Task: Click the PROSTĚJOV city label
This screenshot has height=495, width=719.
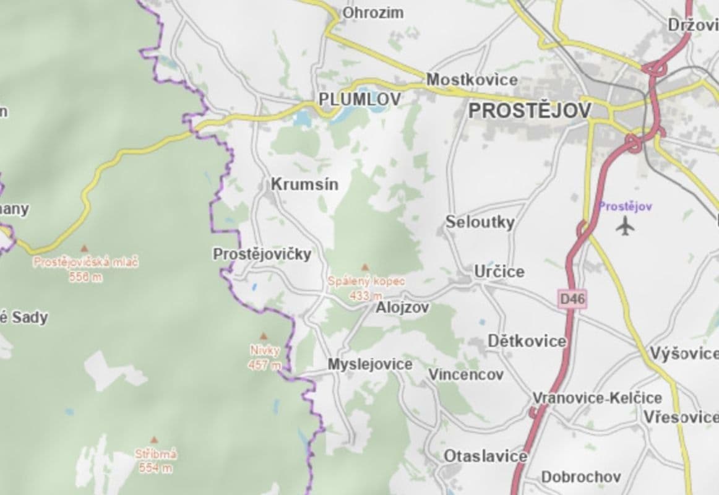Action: (x=530, y=111)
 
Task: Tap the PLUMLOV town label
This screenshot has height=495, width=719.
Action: (x=359, y=99)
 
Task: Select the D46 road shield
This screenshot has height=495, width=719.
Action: (x=572, y=299)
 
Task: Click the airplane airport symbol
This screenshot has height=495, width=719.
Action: (x=626, y=226)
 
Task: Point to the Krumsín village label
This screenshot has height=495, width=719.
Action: (x=304, y=184)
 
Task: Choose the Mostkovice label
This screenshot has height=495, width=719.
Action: (x=472, y=80)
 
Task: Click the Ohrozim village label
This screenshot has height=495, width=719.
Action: (x=372, y=12)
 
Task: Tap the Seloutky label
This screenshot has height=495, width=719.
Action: (x=480, y=222)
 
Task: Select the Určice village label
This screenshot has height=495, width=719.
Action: (x=499, y=272)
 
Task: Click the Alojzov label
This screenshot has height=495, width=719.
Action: (x=403, y=308)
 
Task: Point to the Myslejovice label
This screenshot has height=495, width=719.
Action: (x=370, y=364)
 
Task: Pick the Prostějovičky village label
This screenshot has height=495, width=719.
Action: (x=262, y=254)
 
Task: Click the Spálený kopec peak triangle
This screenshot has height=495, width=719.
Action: (x=364, y=268)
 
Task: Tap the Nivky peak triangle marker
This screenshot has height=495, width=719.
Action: (x=264, y=336)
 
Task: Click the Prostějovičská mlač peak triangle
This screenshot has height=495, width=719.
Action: (x=85, y=248)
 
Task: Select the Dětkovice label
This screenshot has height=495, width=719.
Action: (x=527, y=341)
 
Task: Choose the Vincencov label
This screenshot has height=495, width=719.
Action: (x=466, y=374)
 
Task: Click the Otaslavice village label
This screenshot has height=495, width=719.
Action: (x=485, y=456)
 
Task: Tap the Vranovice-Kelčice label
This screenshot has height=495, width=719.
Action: (x=597, y=398)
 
